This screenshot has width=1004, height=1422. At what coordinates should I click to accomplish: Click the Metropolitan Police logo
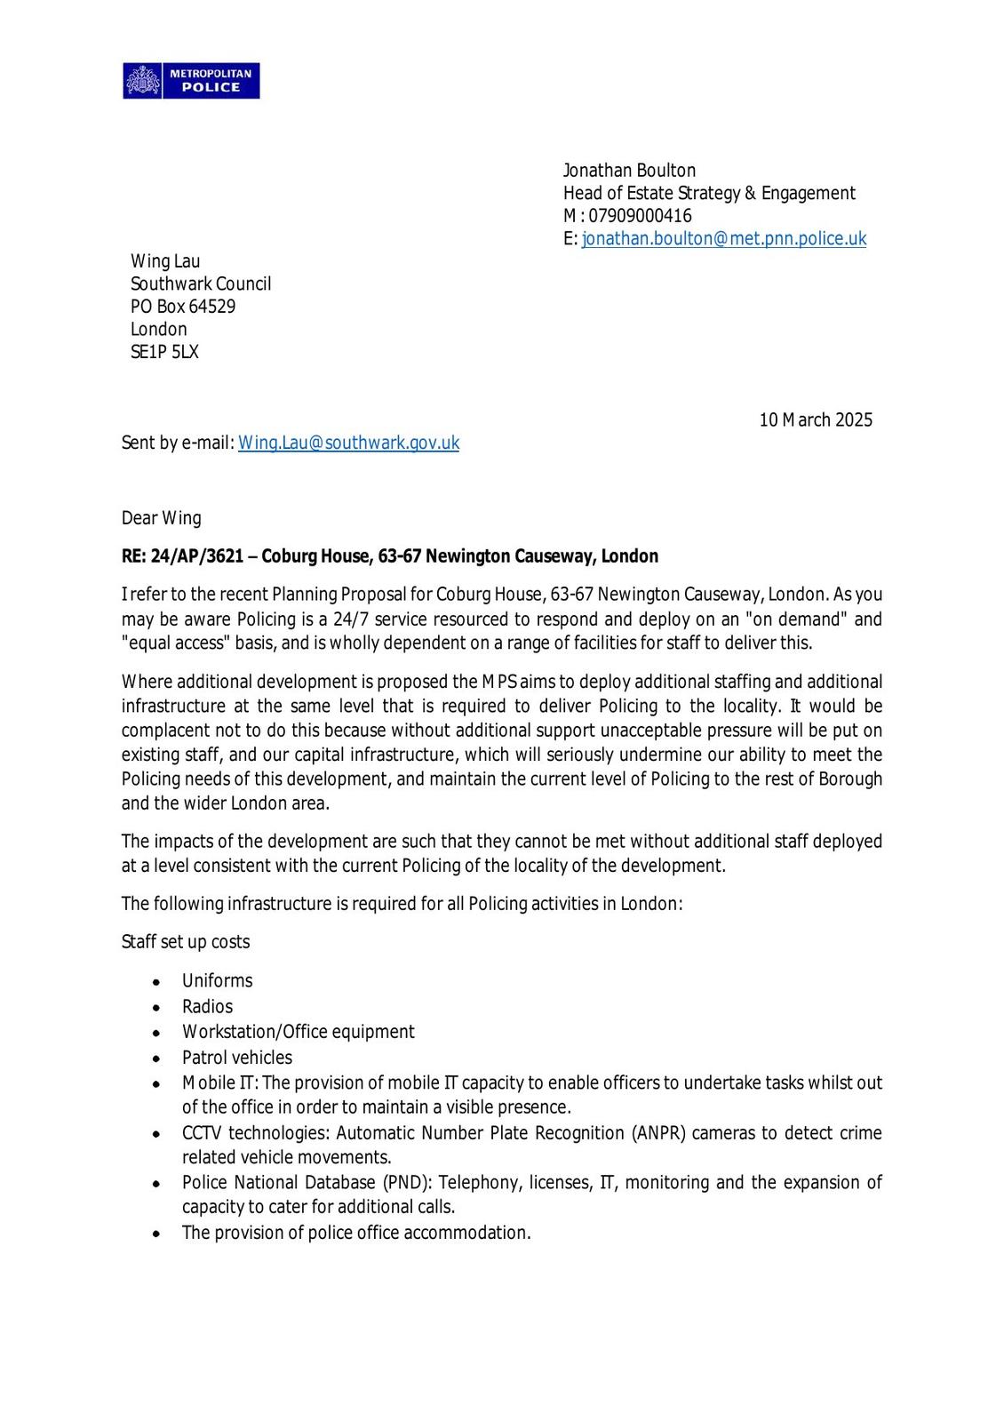coord(191,81)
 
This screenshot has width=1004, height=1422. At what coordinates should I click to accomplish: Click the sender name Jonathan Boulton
coord(629,171)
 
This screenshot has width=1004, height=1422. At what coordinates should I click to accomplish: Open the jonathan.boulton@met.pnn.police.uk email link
coord(723,238)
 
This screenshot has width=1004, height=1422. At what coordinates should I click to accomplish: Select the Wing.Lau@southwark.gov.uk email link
coord(348,443)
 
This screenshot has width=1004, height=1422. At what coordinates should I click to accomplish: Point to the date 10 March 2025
coord(815,419)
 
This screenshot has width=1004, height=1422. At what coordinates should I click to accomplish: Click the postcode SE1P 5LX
coord(164,352)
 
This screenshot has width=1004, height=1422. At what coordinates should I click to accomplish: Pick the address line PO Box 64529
coord(183,307)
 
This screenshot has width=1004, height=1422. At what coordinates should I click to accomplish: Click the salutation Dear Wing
coord(161,518)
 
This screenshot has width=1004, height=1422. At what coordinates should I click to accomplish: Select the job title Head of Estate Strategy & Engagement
coord(708,193)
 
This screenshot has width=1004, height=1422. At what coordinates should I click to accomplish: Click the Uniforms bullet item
coord(217,981)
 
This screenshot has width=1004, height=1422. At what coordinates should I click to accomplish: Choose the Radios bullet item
coord(207,1007)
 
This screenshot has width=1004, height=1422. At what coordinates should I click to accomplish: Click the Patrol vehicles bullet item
coord(236,1058)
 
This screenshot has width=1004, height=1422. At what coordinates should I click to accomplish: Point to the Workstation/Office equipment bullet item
coord(298,1032)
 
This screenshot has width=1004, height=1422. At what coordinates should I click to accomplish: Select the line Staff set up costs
coord(186,942)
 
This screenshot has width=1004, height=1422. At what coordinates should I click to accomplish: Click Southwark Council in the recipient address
coord(201,284)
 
